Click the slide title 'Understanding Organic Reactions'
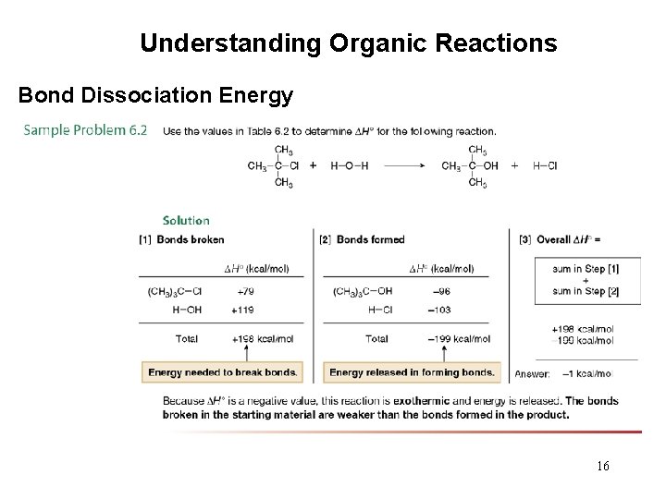coord(348,43)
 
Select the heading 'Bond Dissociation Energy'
coord(156,95)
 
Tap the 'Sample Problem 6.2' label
coord(85,130)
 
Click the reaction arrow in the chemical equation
coord(403,166)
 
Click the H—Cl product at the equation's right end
coord(545,166)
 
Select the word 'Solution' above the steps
coord(186,220)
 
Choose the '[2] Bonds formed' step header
coord(362,239)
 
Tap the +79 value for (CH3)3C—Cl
coord(246,291)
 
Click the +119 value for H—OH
coord(244,310)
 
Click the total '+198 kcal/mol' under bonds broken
coord(262,339)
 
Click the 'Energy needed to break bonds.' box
coord(221,372)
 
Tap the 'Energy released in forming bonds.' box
coord(412,372)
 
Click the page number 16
coord(602,466)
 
